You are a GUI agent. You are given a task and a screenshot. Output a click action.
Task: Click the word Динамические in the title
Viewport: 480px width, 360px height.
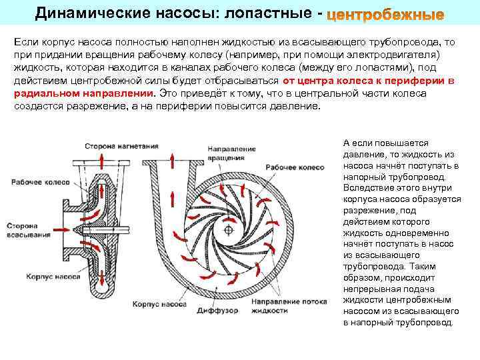79,13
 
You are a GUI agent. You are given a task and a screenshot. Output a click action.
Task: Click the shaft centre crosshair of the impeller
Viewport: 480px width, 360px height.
229,230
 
